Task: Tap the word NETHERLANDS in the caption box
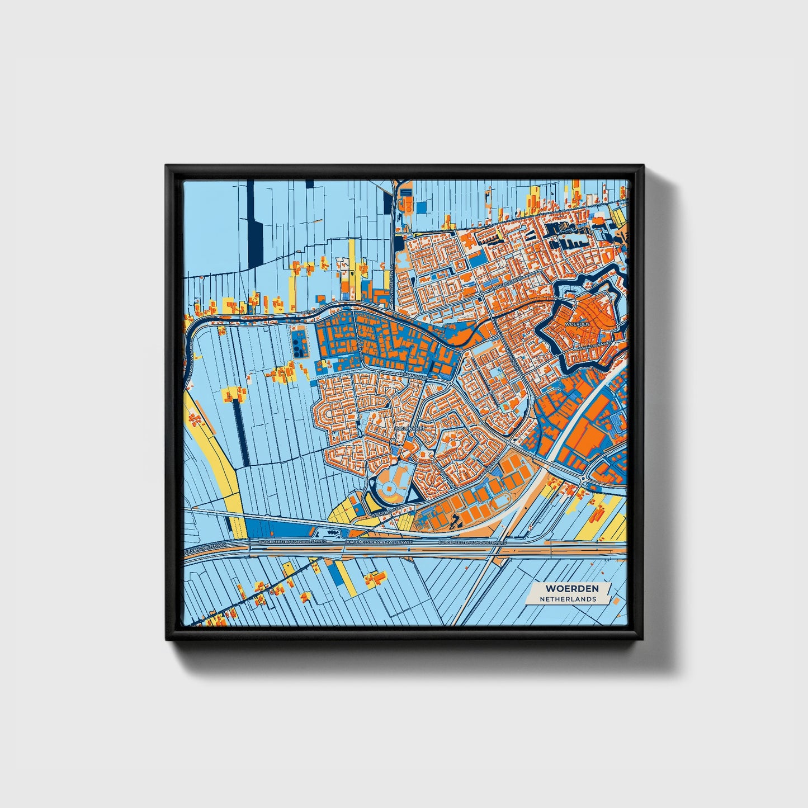568,599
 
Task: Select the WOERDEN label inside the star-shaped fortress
578,324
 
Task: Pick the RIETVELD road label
309,309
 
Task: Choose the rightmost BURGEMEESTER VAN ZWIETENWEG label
472,542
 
